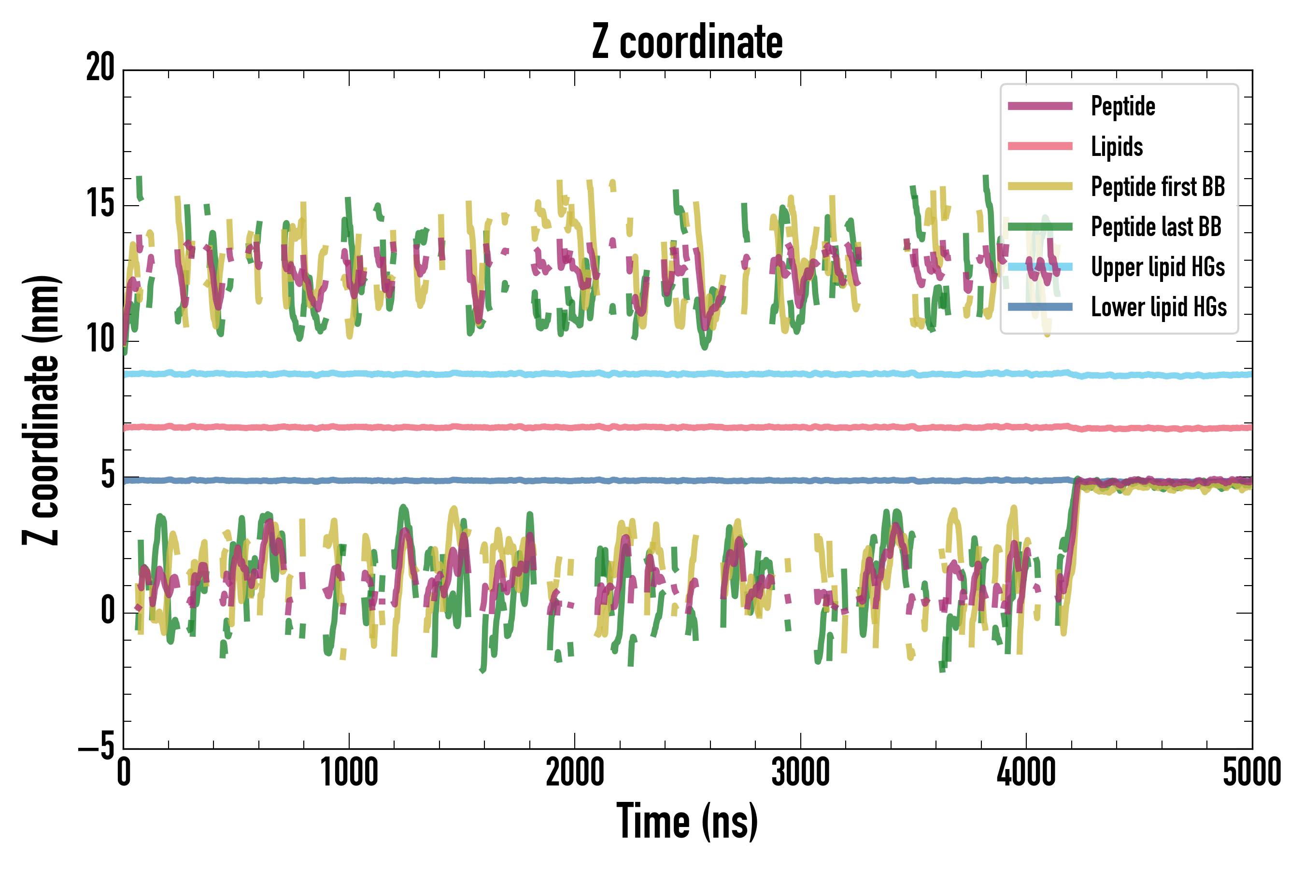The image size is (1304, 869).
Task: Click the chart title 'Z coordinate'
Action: click(x=687, y=42)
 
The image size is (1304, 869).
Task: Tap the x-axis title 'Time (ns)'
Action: click(x=687, y=821)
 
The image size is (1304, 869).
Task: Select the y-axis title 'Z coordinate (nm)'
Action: click(x=41, y=410)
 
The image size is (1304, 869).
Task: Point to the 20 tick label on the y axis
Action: click(x=100, y=68)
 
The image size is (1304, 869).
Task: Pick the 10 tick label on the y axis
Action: click(x=100, y=339)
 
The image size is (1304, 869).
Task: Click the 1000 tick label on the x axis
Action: click(x=349, y=772)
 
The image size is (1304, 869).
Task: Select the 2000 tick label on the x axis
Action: click(x=575, y=772)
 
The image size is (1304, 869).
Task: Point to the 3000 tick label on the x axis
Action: click(x=801, y=772)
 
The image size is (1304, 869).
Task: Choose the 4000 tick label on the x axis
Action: click(x=1026, y=772)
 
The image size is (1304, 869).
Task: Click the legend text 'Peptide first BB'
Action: click(x=1158, y=187)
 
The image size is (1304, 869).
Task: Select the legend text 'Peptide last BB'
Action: click(x=1156, y=227)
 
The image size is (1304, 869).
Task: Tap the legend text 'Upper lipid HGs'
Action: click(x=1158, y=267)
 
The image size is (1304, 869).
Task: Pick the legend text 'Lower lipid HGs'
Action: click(x=1159, y=307)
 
